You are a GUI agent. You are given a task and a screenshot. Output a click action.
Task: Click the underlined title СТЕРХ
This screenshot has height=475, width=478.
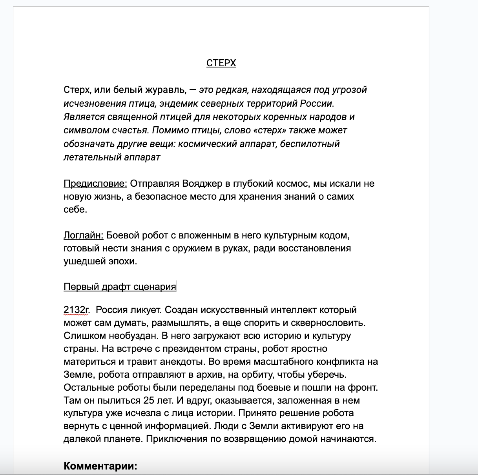click(221, 63)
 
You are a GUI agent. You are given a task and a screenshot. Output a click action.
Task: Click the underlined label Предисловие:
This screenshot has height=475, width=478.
click(95, 184)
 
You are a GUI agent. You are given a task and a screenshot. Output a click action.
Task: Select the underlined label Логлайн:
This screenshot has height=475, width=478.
click(83, 235)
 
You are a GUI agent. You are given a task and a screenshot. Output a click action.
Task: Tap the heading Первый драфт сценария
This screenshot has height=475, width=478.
click(120, 287)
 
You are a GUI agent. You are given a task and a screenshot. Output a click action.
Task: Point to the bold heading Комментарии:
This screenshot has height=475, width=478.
click(100, 466)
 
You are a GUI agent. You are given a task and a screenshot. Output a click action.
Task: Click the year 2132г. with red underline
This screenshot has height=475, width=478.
click(77, 310)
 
